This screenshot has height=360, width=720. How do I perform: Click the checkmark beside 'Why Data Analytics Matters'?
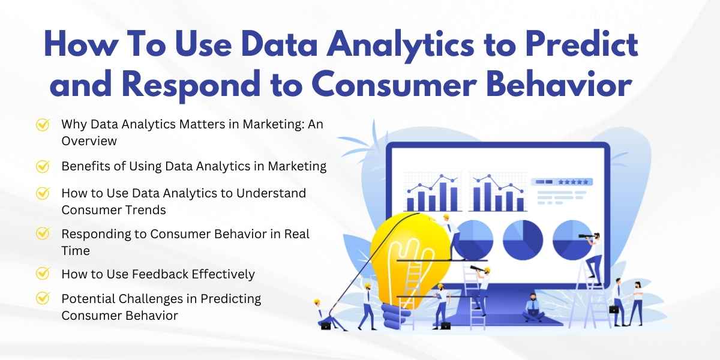point(43,125)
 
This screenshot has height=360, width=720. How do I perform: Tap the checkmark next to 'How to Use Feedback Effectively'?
point(43,274)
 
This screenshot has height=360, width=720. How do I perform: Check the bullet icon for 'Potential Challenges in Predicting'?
point(43,298)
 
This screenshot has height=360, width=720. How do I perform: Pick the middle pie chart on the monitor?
point(522,239)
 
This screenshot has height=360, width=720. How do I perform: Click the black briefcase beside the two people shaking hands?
point(614,309)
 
